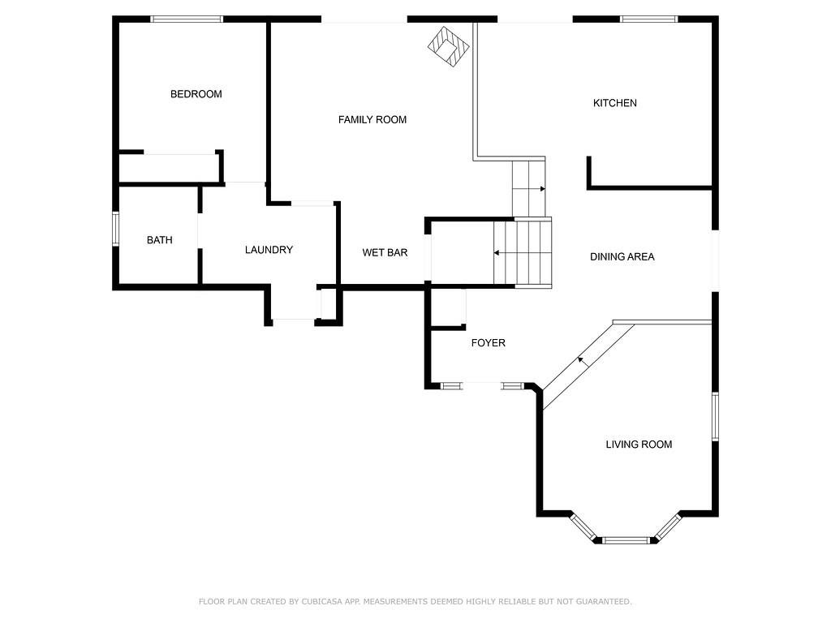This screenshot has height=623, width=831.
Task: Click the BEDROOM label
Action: pyautogui.click(x=196, y=94)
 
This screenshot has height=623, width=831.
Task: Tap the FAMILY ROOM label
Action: pyautogui.click(x=372, y=120)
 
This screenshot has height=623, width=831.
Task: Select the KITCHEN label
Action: pyautogui.click(x=615, y=103)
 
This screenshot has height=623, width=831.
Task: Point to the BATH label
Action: pyautogui.click(x=160, y=240)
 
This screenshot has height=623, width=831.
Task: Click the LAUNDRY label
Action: pyautogui.click(x=269, y=250)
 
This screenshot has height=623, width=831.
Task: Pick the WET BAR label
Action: pyautogui.click(x=385, y=253)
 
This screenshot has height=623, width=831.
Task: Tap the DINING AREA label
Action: pyautogui.click(x=622, y=257)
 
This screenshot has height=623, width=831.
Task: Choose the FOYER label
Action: pyautogui.click(x=488, y=343)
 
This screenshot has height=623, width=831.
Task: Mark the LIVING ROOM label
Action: pyautogui.click(x=639, y=445)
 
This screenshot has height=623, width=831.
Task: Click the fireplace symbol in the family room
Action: pyautogui.click(x=449, y=46)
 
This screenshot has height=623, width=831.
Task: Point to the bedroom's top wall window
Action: pyautogui.click(x=187, y=19)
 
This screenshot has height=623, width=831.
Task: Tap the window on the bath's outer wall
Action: pyautogui.click(x=115, y=229)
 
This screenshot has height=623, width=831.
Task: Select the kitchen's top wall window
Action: pyautogui.click(x=649, y=19)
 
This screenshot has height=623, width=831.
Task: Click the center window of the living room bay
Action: pyautogui.click(x=626, y=540)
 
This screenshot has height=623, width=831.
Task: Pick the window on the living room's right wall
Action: pyautogui.click(x=715, y=416)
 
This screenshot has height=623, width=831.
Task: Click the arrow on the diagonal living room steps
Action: pyautogui.click(x=583, y=361)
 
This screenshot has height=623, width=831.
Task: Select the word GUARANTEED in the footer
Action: pyautogui.click(x=604, y=601)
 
